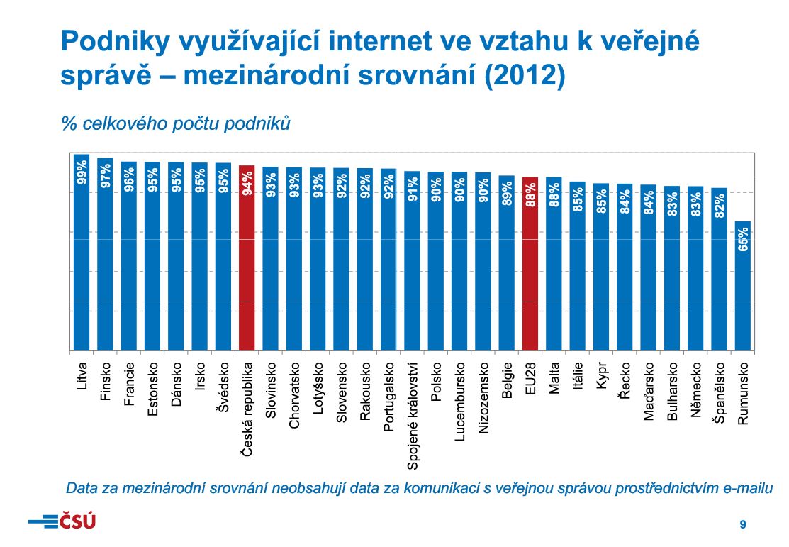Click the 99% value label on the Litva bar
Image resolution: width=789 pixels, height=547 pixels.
point(82,173)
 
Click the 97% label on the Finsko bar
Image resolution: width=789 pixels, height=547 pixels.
point(106,176)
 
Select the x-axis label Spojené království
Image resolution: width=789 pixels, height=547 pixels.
point(413,414)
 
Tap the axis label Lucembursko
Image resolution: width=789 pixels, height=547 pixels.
point(459,402)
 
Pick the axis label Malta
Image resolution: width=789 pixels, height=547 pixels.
point(554,380)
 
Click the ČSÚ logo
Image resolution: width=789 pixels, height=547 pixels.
point(62,521)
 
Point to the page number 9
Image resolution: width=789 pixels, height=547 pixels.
point(742,524)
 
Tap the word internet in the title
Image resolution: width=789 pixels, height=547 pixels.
point(367,42)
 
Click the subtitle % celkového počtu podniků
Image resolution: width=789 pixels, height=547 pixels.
point(176,123)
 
